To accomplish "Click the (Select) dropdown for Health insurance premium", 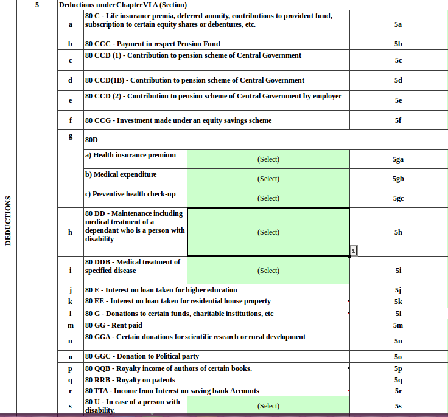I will [268, 159].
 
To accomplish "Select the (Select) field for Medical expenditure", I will [268, 179].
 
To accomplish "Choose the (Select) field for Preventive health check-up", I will [268, 198].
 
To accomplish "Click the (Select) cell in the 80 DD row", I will [268, 232].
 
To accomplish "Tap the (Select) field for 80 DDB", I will [268, 271].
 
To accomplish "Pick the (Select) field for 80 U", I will [268, 406].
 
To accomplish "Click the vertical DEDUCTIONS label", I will [8, 220].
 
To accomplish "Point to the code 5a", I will [398, 25].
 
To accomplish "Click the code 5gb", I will [398, 179].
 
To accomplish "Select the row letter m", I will [71, 325].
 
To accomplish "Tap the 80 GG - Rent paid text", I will [114, 325].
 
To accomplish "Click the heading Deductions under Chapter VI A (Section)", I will [122, 5].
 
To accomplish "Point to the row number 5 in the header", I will [37, 5].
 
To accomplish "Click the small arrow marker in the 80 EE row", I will [348, 302].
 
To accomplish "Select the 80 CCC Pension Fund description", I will [152, 44].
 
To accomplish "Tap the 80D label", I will [92, 140].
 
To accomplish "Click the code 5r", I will [398, 391].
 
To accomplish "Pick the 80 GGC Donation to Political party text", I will [142, 356].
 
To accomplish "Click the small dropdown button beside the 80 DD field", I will [354, 250].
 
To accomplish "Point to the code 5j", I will [398, 290].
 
